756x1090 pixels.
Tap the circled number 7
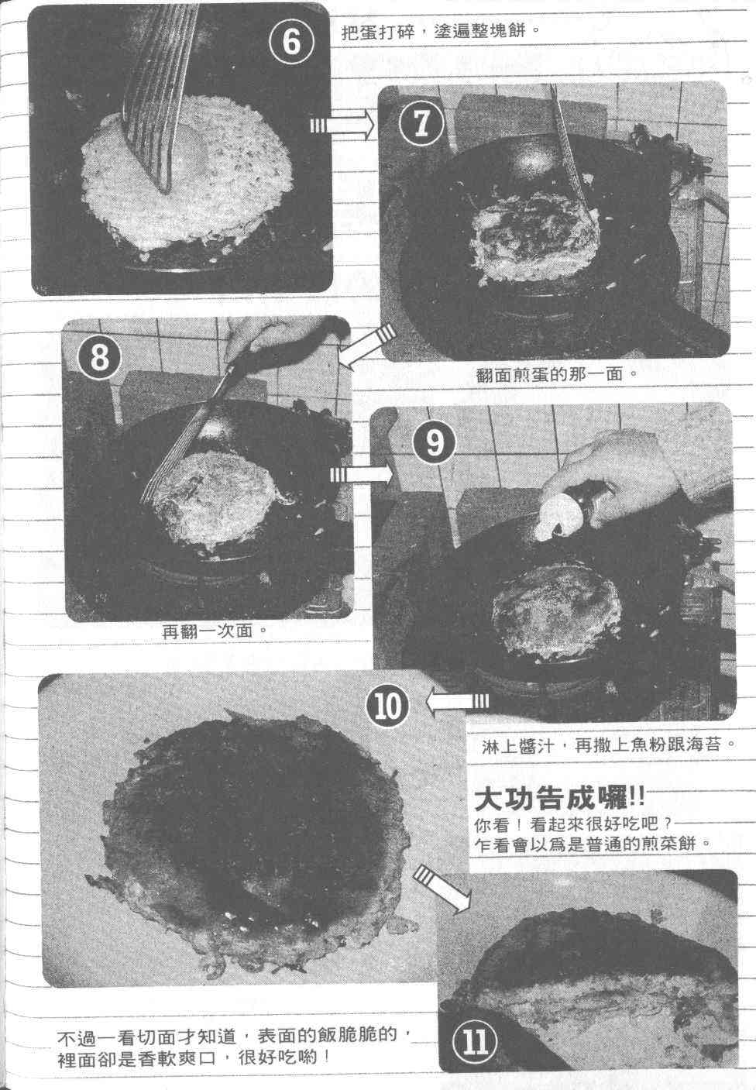[x=421, y=123]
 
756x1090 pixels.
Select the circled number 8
[x=100, y=358]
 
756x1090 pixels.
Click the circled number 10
[x=387, y=705]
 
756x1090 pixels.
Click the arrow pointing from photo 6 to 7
[x=342, y=126]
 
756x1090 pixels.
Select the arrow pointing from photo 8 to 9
[x=360, y=474]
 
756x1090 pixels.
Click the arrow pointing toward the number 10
[x=457, y=702]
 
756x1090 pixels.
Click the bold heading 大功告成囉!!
[x=559, y=799]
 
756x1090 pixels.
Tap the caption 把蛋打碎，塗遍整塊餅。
[x=441, y=32]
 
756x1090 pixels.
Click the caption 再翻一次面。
[x=215, y=631]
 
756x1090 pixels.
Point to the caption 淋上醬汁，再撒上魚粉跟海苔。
[x=609, y=745]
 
